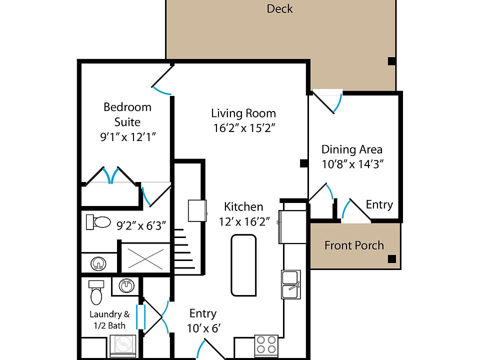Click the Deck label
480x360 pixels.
pos(279,8)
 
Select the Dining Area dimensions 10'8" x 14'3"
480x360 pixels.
pos(352,164)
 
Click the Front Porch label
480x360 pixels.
pos(354,245)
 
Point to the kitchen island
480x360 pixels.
pos(243,265)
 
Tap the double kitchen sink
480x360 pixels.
pos(291,284)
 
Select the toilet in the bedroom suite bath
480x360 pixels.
pos(98,222)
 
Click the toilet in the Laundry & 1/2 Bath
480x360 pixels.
pos(96,293)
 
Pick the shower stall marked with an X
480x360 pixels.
pos(145,258)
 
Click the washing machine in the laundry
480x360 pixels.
pos(123,346)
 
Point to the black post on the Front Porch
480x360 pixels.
pos(392,259)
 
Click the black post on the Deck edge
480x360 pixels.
pos(392,61)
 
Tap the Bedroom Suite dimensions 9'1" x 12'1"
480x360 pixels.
pos(128,136)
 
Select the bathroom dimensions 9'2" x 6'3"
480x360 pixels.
pos(141,225)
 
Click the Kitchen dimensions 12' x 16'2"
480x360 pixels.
pos(244,221)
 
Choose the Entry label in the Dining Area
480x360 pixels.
pos(379,204)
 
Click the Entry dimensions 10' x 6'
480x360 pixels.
pos(203,328)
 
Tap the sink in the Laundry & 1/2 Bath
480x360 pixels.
pos(126,286)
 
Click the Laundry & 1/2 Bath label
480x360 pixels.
pos(109,320)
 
